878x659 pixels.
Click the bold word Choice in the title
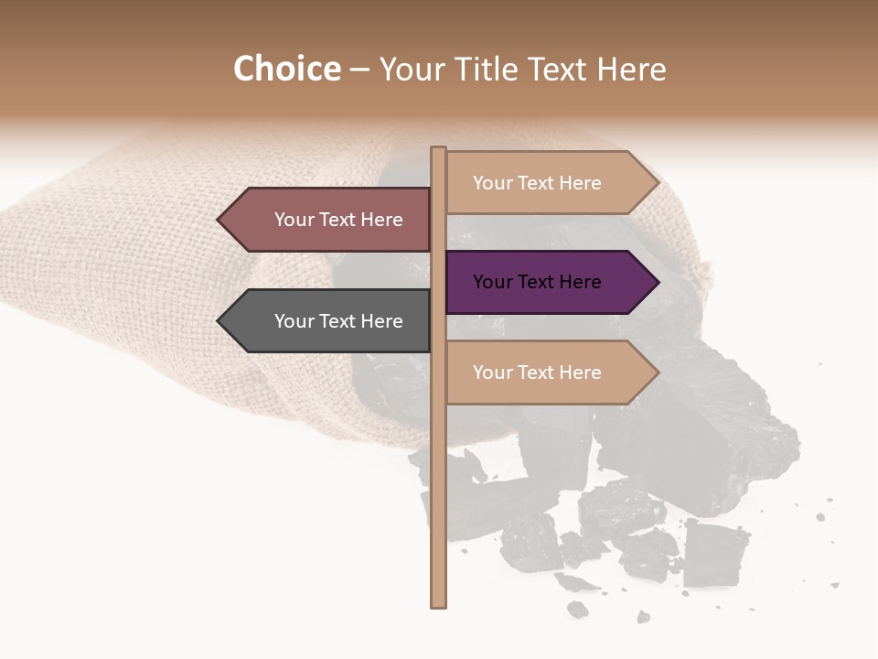pos(286,70)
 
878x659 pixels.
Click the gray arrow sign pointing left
pos(329,321)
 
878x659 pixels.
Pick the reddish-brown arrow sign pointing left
pos(329,220)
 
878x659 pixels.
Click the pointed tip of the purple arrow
pos(658,282)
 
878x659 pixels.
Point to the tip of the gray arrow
pos(219,321)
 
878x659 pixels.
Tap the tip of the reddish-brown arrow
pos(219,220)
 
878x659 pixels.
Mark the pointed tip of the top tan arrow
pos(658,183)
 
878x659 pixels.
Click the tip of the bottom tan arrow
pos(658,373)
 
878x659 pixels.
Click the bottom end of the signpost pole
pos(438,604)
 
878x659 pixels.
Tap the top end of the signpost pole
pos(438,149)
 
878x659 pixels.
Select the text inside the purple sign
pos(537,282)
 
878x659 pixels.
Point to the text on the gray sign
pos(338,321)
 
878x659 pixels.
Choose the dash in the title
pos(359,70)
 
